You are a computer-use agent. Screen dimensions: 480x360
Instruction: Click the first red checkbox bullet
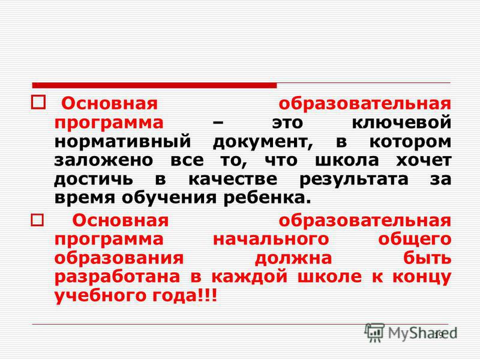point(38,103)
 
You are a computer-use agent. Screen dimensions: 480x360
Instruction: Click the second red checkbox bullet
point(37,220)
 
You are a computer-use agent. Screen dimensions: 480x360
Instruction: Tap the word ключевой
point(401,123)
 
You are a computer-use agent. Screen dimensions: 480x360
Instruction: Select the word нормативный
point(122,142)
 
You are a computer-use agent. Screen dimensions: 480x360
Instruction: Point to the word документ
point(263,142)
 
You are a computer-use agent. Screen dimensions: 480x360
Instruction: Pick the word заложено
point(103,160)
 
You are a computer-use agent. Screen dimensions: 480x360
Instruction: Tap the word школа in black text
point(347,160)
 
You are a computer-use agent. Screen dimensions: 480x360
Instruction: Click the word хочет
point(424,160)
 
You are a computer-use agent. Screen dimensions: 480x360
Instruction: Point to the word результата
point(354,179)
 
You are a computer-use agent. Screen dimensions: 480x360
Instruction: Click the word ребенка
point(267,198)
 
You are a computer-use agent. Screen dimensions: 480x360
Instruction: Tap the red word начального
point(271,239)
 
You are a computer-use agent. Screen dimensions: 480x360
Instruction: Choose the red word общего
point(415,239)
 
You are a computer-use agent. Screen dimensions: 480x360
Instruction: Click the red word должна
point(293,259)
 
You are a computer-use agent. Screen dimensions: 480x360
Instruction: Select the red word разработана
point(117,277)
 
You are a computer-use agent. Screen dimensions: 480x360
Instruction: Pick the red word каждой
point(250,277)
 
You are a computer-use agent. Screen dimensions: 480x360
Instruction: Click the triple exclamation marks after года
point(208,295)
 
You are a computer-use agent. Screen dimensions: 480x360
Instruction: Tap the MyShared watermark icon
point(374,333)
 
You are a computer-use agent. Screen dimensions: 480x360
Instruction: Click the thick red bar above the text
point(154,85)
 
